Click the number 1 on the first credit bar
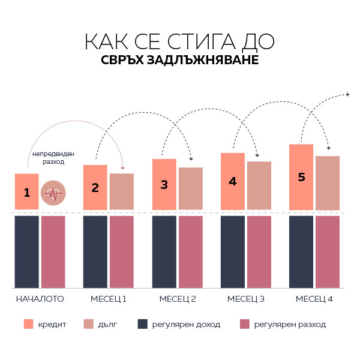(26, 193)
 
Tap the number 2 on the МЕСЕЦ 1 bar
(95, 187)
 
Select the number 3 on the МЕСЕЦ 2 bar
(164, 185)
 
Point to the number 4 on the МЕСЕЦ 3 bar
(233, 181)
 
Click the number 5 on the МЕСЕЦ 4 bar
(301, 177)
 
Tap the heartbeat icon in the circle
(53, 193)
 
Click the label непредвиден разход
(49, 158)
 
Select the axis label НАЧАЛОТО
(40, 298)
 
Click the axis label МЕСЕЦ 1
(109, 298)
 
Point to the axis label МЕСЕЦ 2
(178, 298)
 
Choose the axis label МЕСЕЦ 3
(246, 298)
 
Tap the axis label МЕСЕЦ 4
(314, 298)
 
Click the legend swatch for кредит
(28, 324)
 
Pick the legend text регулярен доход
(186, 325)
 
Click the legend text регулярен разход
(290, 325)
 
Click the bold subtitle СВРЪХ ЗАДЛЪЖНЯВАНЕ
(179, 61)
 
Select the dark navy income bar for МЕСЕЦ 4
(301, 251)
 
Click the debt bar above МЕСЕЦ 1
(122, 191)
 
